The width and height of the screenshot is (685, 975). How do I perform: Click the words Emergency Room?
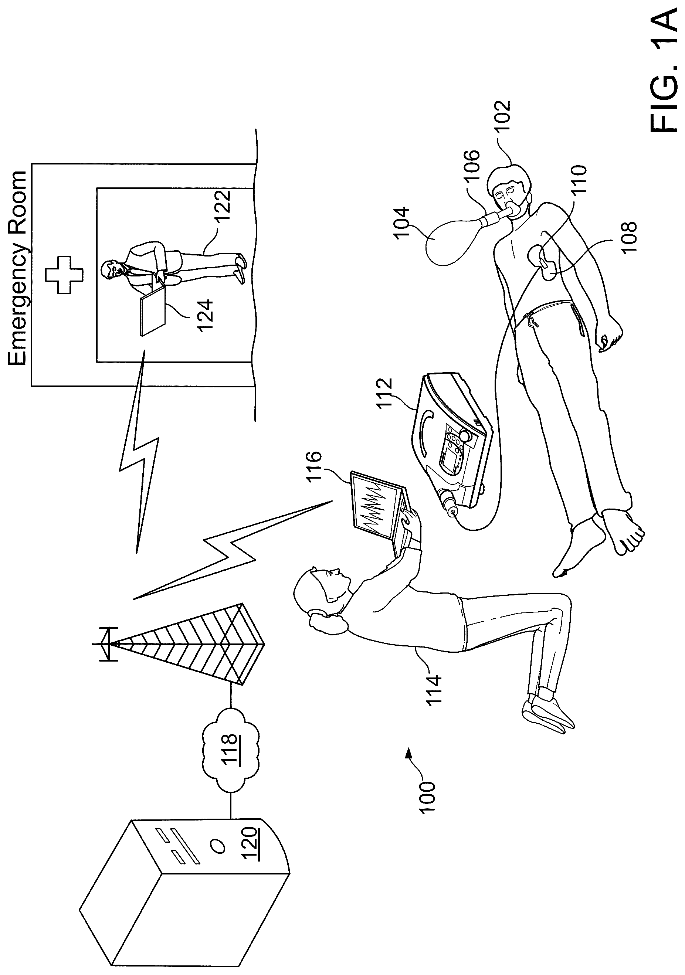pyautogui.click(x=17, y=268)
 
